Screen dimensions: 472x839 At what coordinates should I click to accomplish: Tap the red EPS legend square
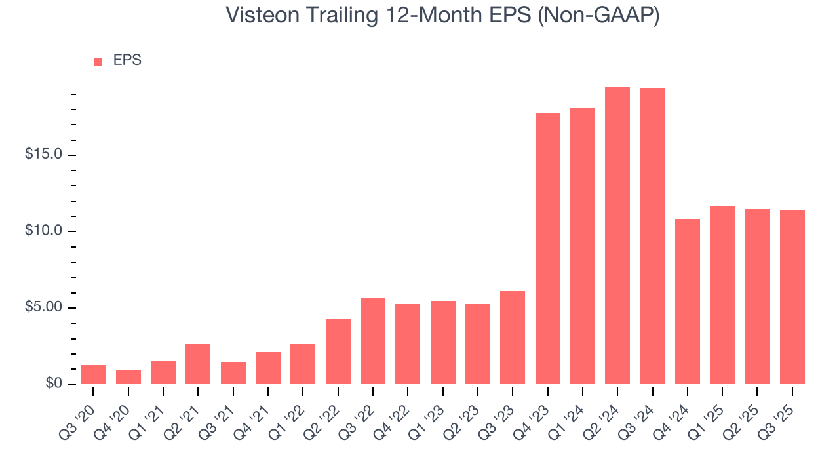(x=98, y=61)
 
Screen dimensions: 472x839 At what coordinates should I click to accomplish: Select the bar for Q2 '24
(x=617, y=236)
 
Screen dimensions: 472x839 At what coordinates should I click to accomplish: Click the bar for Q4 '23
(x=547, y=248)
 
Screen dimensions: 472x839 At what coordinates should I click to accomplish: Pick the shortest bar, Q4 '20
(x=128, y=377)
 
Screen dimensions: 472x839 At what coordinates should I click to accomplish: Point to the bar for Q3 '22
(x=373, y=341)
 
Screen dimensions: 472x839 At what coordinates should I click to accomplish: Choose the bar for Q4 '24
(x=687, y=302)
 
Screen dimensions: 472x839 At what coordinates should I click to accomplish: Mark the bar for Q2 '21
(x=198, y=364)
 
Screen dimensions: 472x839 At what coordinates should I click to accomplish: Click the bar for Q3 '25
(x=792, y=297)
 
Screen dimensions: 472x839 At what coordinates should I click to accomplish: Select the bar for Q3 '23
(x=513, y=338)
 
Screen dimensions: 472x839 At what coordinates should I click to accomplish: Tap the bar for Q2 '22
(x=338, y=351)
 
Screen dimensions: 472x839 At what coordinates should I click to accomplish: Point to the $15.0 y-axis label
(x=43, y=155)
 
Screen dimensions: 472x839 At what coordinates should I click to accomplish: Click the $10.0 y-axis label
(x=43, y=231)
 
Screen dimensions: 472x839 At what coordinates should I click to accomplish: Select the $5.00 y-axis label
(x=43, y=307)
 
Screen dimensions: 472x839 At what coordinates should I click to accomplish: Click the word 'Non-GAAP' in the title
(x=602, y=15)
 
